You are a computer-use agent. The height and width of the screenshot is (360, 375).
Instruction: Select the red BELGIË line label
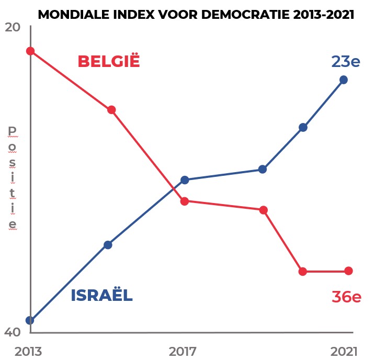pos(109,61)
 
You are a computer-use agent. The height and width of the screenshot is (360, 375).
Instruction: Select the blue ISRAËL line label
pos(101,296)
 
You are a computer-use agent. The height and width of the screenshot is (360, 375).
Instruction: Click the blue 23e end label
pos(346,62)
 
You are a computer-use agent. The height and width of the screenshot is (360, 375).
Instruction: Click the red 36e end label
pos(346,297)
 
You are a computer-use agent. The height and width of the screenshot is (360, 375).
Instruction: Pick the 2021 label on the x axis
pos(343,351)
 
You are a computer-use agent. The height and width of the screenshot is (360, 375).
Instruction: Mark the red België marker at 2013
pos(30,51)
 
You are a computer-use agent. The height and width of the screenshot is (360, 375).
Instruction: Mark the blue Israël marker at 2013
pos(30,320)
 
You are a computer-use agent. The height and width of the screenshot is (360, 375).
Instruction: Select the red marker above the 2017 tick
pos(184,201)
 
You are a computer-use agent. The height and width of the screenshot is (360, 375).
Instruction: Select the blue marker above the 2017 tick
pos(184,180)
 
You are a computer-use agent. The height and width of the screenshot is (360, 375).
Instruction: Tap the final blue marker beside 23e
pos(344,80)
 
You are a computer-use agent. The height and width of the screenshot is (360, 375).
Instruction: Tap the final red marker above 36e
pos(348,271)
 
